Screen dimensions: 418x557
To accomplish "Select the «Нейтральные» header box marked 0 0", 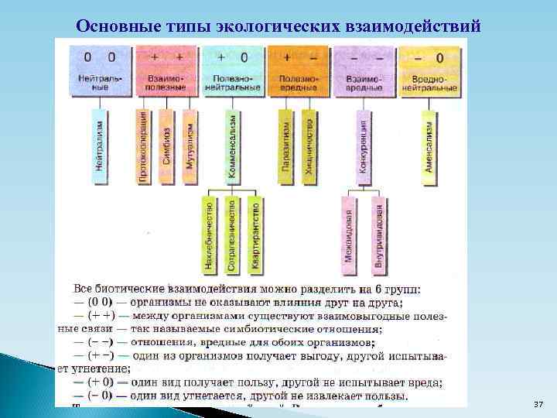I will [100, 70].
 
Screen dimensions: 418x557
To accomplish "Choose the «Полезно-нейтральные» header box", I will [233, 70].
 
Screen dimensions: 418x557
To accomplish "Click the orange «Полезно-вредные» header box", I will [299, 70].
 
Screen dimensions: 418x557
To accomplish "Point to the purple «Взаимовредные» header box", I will [364, 70].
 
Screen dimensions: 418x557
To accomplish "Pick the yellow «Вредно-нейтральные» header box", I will [429, 70].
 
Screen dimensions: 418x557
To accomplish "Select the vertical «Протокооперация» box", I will [144, 147].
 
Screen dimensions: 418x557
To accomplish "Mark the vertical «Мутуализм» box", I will [190, 147].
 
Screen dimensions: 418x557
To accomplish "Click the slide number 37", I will [538, 405].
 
